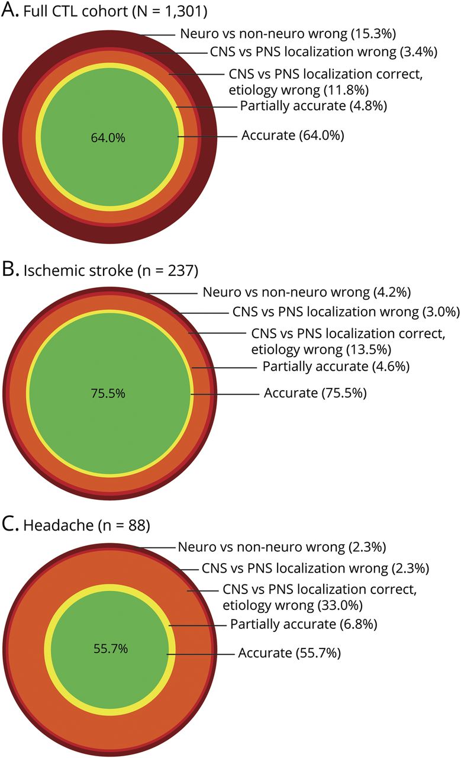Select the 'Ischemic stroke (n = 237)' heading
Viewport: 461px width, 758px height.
(x=110, y=272)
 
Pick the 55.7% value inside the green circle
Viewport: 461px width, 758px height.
(x=110, y=648)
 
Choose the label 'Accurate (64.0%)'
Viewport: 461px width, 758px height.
(x=292, y=136)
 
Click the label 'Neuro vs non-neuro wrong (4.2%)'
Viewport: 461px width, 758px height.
(x=307, y=292)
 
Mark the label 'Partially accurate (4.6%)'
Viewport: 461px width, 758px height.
(x=337, y=367)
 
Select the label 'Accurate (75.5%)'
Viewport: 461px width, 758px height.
(x=315, y=393)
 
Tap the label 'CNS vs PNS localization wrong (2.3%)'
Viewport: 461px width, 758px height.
(x=315, y=569)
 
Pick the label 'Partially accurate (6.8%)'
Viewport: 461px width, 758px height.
(x=304, y=624)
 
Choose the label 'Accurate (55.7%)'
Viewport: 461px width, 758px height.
(x=289, y=653)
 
